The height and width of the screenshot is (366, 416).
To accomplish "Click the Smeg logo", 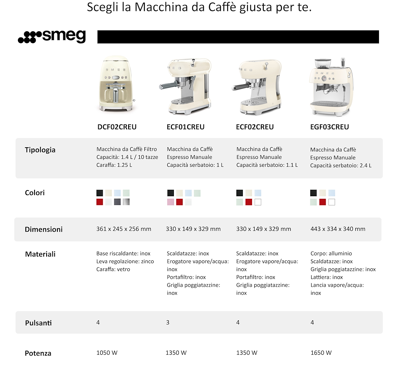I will click(52, 37).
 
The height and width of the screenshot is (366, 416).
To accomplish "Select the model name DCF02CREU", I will click(117, 127).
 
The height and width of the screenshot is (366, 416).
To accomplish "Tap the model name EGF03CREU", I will click(329, 127).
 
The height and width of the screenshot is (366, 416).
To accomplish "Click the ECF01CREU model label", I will click(186, 127).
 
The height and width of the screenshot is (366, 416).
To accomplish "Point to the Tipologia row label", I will click(40, 150).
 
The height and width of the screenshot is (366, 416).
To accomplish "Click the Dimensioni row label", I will click(44, 229).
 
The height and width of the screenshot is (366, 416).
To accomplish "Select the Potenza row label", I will click(38, 353).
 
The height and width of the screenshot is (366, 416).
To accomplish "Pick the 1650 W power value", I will click(321, 353).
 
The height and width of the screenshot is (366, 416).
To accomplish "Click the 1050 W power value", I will click(107, 353).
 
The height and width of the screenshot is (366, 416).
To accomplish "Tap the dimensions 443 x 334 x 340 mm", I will click(338, 229).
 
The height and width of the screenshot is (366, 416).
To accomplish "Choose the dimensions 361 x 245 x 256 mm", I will click(124, 229).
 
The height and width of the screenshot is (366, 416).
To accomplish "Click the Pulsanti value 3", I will click(168, 322).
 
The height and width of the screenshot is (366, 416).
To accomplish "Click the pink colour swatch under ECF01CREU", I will click(171, 202).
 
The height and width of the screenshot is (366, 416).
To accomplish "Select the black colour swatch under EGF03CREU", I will click(313, 193).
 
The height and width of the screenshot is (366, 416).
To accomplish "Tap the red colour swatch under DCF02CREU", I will click(99, 202).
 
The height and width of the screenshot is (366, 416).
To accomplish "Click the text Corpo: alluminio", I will click(331, 253).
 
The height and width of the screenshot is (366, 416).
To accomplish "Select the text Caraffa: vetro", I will click(113, 269).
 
